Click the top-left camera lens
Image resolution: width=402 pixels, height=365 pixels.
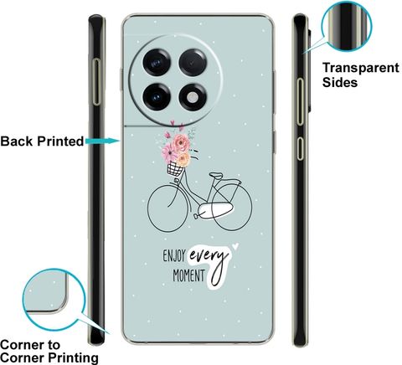(x=157, y=62)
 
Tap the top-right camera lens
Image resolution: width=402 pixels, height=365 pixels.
(x=193, y=63)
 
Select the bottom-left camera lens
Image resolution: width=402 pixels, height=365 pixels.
(x=157, y=97)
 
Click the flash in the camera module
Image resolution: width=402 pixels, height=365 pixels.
(x=193, y=97)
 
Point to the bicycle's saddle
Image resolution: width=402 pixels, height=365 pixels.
(x=216, y=176)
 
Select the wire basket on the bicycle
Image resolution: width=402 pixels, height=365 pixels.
(x=175, y=169)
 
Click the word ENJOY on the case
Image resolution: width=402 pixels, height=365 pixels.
(x=174, y=256)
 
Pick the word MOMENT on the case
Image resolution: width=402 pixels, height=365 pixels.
(x=188, y=275)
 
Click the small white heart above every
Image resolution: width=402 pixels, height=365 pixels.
(x=235, y=246)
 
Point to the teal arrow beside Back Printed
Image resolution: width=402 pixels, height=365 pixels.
(x=103, y=141)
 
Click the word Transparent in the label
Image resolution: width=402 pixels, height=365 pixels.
(x=361, y=68)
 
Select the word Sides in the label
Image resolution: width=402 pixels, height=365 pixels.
(x=340, y=82)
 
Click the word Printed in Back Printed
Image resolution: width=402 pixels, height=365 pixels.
(x=60, y=141)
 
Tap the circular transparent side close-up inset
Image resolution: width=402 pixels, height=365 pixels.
(x=347, y=26)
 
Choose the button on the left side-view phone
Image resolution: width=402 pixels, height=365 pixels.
(x=96, y=82)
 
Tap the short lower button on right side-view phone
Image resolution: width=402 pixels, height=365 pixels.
(x=300, y=148)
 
